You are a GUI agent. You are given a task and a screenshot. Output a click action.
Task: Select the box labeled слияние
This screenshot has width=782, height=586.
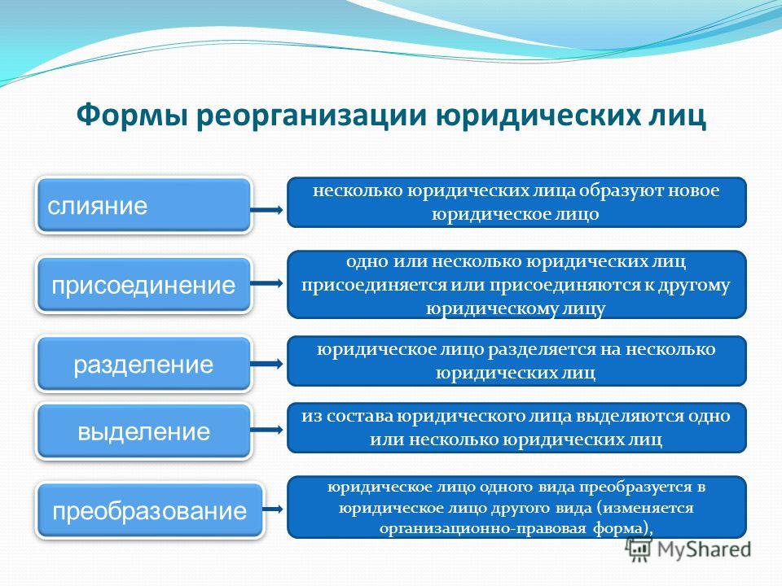click(143, 205)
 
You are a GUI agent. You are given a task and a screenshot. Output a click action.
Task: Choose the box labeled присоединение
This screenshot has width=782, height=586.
click(143, 285)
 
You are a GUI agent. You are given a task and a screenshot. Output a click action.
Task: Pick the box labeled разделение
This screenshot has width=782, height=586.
click(143, 364)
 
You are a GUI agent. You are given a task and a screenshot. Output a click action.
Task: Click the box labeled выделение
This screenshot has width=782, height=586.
click(143, 431)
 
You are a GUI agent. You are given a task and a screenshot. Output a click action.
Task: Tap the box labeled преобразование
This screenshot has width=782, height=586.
click(150, 510)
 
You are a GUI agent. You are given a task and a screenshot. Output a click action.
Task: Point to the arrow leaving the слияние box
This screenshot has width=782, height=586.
click(266, 210)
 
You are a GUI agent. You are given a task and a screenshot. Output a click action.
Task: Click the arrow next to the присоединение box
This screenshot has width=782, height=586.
click(266, 283)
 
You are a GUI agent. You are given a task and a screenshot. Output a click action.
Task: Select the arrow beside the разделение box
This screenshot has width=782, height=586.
click(266, 364)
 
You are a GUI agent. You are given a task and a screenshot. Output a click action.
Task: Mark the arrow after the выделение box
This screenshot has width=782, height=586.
click(266, 430)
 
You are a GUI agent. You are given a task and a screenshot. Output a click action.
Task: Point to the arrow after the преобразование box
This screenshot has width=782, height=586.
click(273, 509)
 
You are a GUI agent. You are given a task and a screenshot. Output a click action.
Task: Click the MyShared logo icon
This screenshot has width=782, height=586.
click(639, 549)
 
